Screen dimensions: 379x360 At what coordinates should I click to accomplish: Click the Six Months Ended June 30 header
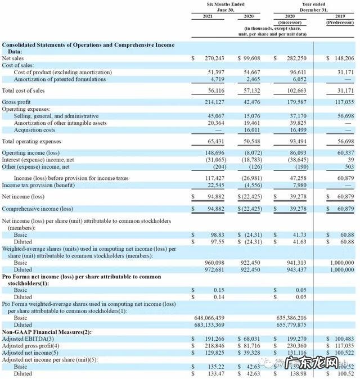click(x=226, y=7)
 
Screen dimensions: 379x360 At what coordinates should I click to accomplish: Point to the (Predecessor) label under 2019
click(x=340, y=23)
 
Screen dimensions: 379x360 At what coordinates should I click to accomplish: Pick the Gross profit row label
click(x=16, y=102)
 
